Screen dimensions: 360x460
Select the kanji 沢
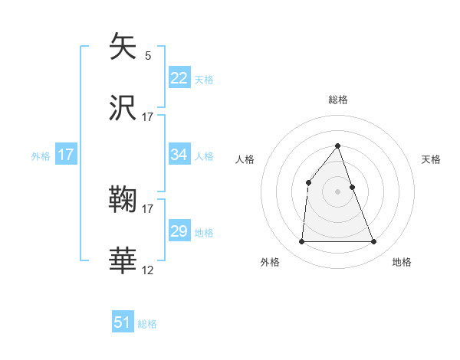click(x=123, y=108)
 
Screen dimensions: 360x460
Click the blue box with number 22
click(x=179, y=77)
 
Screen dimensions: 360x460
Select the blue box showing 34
click(x=179, y=155)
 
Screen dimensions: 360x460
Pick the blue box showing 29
click(x=179, y=231)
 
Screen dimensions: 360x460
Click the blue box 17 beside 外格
click(x=66, y=155)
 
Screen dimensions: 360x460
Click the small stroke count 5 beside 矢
click(x=148, y=55)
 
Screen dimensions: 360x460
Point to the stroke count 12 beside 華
click(x=148, y=270)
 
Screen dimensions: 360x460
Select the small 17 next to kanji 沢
click(x=148, y=116)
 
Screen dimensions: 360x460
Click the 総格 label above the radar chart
click(x=337, y=100)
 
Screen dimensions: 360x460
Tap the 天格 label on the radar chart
click(x=432, y=159)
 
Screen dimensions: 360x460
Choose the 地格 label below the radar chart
click(x=402, y=262)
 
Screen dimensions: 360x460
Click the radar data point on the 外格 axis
click(x=301, y=242)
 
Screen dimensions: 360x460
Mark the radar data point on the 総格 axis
click(x=337, y=145)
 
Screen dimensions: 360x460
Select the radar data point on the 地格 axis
click(x=374, y=242)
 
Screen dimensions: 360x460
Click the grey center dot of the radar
click(x=337, y=191)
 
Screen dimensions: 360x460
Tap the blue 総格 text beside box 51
click(x=147, y=324)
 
